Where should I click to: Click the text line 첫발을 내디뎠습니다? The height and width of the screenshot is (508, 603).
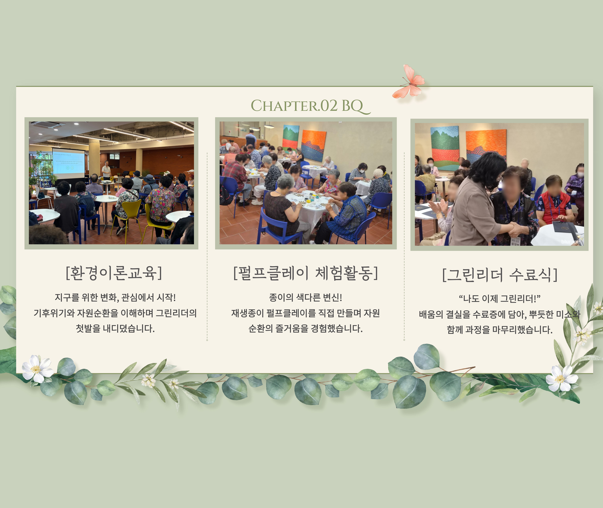[115, 328]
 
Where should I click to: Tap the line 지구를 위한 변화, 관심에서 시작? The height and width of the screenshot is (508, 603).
[115, 297]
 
